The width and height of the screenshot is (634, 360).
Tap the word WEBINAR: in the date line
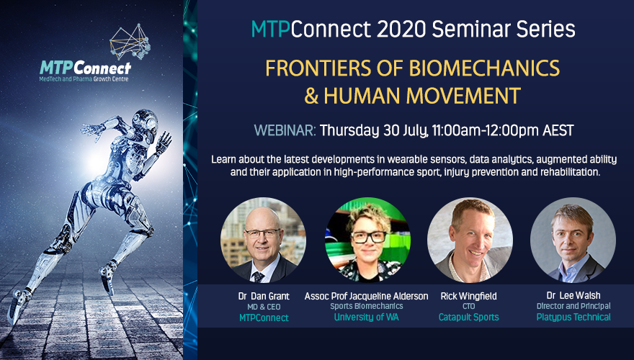285,131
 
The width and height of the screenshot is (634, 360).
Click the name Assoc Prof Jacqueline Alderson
367,295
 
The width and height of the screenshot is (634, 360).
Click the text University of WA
367,316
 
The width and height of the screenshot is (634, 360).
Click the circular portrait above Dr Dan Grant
262,240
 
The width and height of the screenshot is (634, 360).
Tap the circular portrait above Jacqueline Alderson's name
367,240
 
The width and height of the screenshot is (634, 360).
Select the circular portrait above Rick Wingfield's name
470,240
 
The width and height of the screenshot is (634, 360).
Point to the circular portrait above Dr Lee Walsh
573,240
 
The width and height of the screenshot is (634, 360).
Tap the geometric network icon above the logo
129,42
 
